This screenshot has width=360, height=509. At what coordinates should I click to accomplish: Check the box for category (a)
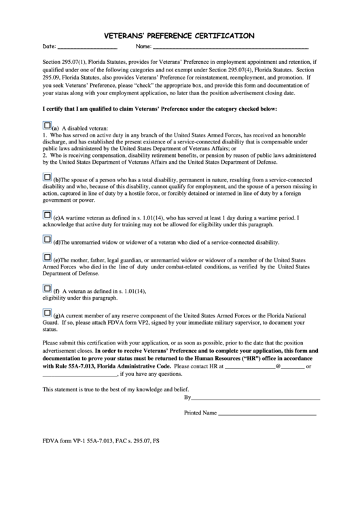[x=47, y=125]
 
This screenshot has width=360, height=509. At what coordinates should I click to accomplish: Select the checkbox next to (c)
[x=47, y=215]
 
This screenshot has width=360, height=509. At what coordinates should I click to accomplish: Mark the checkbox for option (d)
[x=47, y=240]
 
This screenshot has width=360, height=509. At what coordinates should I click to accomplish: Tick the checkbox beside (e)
[x=47, y=258]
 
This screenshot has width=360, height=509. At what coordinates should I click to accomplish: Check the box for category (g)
[x=47, y=313]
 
